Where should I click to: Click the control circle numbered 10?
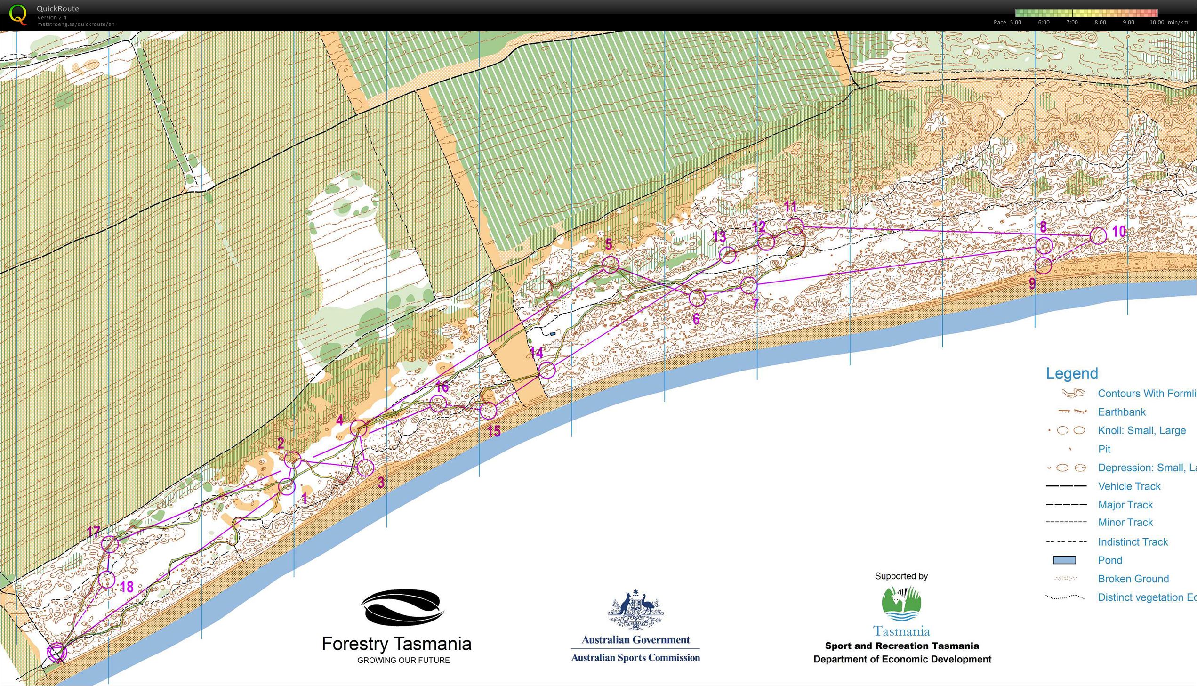click(1098, 235)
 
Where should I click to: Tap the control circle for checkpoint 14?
click(546, 371)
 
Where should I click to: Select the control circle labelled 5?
click(611, 264)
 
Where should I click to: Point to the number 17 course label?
click(93, 532)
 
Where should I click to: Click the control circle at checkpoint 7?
click(749, 284)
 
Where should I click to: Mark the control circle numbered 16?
click(438, 404)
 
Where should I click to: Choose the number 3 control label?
click(381, 482)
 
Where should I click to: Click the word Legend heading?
click(1072, 373)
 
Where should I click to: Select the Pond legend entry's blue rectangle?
click(1064, 560)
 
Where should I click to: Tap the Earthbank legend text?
click(1121, 412)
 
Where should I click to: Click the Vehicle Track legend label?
click(1129, 486)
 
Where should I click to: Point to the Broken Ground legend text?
click(1133, 579)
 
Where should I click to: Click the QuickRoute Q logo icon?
click(18, 14)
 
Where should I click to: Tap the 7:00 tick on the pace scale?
click(1072, 22)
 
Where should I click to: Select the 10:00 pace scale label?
click(1157, 22)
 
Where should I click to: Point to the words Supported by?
click(901, 576)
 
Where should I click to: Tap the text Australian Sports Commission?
click(635, 657)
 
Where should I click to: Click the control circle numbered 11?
click(795, 226)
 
